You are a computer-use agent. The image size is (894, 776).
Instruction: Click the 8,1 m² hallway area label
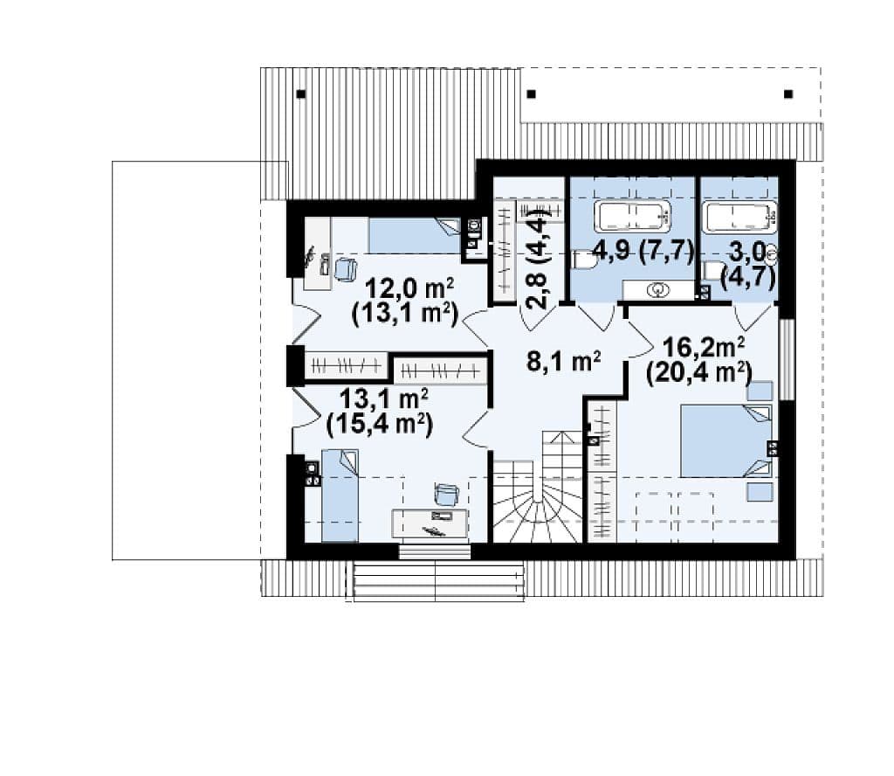(563, 361)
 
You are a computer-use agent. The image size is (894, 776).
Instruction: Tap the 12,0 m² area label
(409, 288)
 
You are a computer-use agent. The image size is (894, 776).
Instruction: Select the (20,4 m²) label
(699, 372)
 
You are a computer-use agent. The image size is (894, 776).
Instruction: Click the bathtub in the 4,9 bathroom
(632, 216)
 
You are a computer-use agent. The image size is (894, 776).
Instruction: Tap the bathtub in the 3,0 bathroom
(739, 217)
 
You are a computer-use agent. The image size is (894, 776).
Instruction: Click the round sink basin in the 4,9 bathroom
(657, 290)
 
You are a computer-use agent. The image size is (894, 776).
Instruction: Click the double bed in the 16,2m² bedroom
(726, 440)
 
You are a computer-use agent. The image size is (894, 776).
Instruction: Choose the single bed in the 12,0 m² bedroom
(415, 235)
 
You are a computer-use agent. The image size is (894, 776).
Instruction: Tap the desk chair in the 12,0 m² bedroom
(346, 269)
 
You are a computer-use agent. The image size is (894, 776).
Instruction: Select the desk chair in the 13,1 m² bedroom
(446, 494)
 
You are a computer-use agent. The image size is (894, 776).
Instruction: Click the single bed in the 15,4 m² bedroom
(340, 495)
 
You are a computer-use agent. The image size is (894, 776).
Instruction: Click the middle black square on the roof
(532, 94)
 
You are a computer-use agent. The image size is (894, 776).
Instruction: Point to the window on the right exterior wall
(787, 359)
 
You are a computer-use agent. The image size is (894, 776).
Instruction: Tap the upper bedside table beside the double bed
(760, 391)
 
